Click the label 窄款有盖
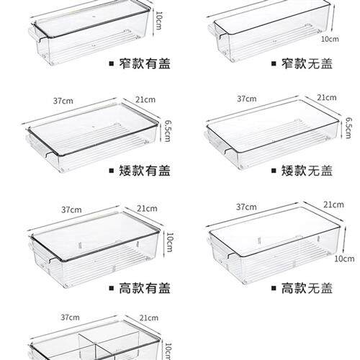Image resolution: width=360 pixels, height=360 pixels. coord(145,64)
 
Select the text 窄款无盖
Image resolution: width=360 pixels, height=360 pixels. coord(307,64)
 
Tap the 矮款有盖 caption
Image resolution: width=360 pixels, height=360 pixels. coord(145,171)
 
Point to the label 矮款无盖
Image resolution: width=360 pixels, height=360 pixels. coord(307,171)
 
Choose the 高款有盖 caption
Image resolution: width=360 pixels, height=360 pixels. coord(145,288)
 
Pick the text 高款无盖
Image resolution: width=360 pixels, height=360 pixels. coord(307,288)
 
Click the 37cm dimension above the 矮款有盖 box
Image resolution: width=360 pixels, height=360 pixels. coord(63,101)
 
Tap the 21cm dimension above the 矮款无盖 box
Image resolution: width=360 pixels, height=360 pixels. coord(327,98)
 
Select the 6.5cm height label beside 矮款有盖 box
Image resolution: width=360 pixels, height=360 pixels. coord(167,131)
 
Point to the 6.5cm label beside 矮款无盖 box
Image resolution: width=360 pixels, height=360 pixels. coord(348,127)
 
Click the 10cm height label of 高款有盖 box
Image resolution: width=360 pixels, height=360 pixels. coord(169,242)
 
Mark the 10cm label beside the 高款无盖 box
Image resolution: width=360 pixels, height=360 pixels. coord(344,258)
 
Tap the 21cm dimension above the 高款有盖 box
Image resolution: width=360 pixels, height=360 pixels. coord(147,209)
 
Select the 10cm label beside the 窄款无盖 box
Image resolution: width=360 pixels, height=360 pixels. coord(330,39)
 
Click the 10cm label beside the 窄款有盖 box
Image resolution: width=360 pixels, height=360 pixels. coord(158,21)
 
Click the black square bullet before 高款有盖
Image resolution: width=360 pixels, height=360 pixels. coord(111,288)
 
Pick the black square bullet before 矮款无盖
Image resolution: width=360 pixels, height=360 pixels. coord(274,171)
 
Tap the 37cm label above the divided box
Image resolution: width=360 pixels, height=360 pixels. coord(70,318)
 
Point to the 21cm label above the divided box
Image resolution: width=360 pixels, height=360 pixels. coord(149,318)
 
